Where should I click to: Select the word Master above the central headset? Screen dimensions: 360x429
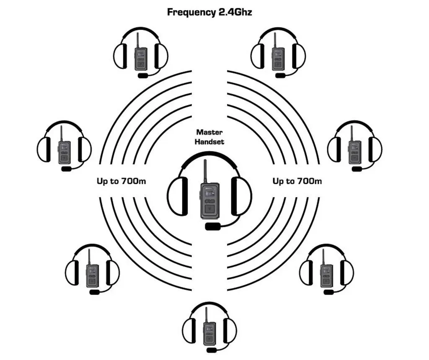point(209,132)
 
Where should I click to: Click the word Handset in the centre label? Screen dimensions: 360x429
point(209,141)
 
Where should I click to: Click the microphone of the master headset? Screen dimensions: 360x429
point(213,226)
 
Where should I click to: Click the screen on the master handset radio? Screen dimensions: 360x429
point(209,193)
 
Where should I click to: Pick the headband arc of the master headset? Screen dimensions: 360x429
point(209,157)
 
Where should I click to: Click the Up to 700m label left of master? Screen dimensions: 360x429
point(121,181)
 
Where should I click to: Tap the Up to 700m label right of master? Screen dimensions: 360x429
point(297,181)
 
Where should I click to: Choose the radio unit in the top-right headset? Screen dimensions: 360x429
point(277,58)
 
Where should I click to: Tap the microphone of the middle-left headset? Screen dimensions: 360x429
point(67,169)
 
